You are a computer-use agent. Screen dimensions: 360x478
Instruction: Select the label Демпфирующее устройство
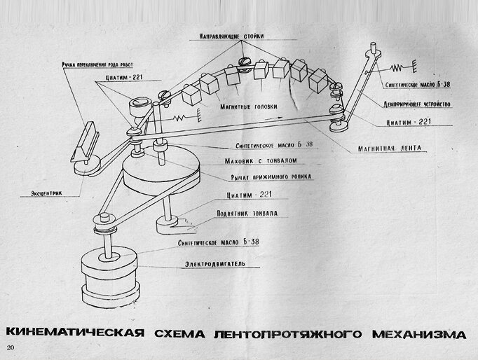[421, 103]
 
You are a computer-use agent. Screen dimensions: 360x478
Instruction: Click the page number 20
[10, 347]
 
